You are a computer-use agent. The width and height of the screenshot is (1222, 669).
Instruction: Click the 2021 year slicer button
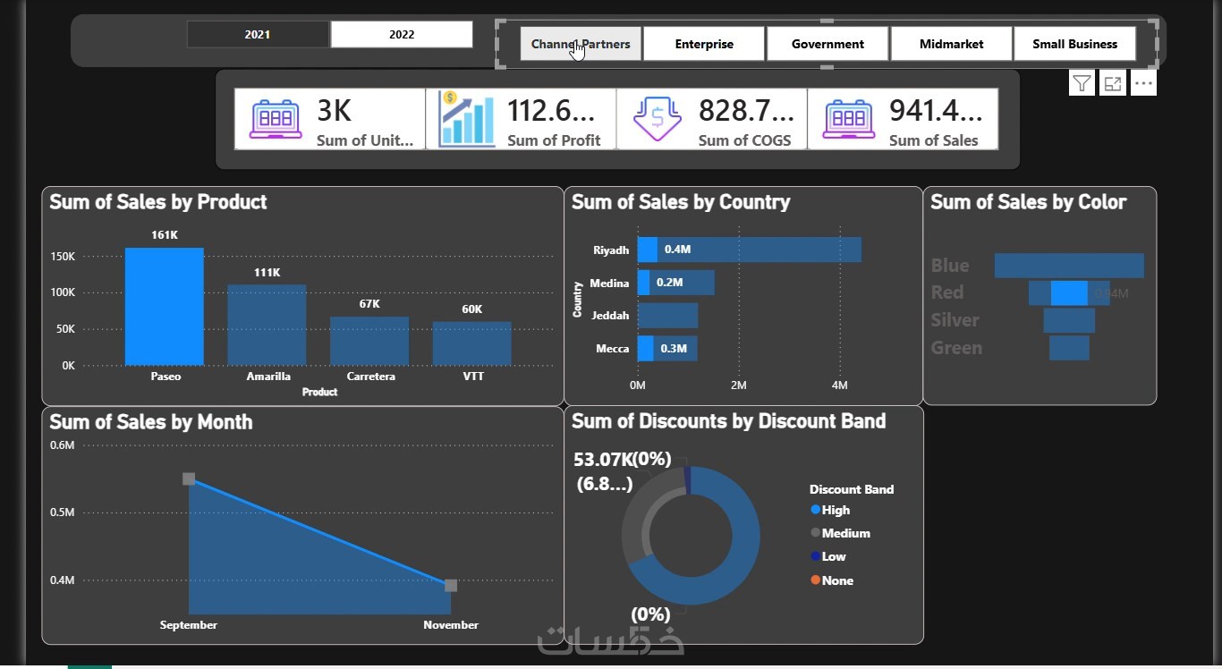click(x=258, y=35)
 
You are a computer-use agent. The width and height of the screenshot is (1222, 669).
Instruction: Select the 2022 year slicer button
click(x=402, y=35)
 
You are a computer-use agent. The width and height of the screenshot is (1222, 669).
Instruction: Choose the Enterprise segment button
click(x=704, y=44)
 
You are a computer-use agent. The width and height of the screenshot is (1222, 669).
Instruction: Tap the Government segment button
click(x=827, y=44)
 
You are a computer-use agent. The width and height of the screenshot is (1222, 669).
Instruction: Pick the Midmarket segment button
click(x=951, y=44)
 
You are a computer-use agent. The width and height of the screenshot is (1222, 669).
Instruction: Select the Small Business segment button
click(x=1074, y=44)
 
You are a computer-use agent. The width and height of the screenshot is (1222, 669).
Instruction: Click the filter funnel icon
click(x=1082, y=84)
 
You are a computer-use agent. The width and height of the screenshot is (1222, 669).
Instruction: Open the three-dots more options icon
click(x=1143, y=84)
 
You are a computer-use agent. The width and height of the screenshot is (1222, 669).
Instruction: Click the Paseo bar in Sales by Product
click(x=165, y=306)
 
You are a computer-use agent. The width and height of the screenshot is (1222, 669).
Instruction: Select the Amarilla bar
click(x=267, y=325)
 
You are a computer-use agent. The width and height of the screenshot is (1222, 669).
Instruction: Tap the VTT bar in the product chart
click(x=472, y=343)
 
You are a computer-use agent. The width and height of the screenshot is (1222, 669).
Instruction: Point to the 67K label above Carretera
click(x=369, y=304)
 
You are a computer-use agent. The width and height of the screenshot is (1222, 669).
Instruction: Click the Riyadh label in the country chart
click(x=611, y=250)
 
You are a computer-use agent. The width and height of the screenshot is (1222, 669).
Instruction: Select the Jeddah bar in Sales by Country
click(x=667, y=316)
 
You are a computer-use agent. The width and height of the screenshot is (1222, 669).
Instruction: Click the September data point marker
click(x=189, y=479)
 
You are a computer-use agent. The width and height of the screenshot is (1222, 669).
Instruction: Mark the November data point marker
click(x=451, y=585)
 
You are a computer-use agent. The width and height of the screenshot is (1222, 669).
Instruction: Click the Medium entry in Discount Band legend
click(x=845, y=533)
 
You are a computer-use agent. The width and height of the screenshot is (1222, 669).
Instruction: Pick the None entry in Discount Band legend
click(x=837, y=580)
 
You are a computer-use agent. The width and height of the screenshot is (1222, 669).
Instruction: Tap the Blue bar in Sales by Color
click(x=1069, y=266)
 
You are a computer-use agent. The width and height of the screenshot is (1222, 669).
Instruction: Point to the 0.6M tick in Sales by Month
click(x=63, y=445)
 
